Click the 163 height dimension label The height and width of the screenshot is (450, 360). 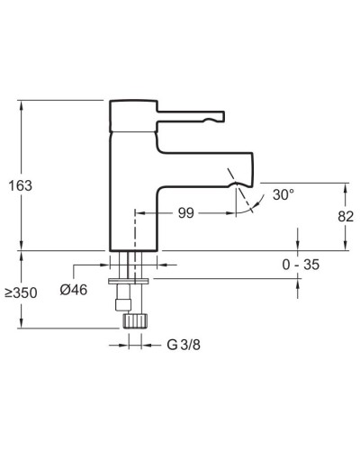pyautogui.click(x=20, y=185)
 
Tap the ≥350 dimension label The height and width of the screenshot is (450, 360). pyautogui.click(x=21, y=292)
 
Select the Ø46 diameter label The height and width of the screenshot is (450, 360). pyautogui.click(x=74, y=290)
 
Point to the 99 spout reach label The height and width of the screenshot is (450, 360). pyautogui.click(x=186, y=213)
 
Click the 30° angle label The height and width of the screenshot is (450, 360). pyautogui.click(x=283, y=194)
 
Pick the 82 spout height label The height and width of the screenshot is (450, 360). pyautogui.click(x=346, y=216)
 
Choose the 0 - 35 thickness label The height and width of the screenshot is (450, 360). pyautogui.click(x=301, y=265)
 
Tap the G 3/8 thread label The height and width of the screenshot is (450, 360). pyautogui.click(x=184, y=345)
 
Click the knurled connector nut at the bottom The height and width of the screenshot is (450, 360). pyautogui.click(x=135, y=320)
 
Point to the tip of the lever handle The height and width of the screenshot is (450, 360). pyautogui.click(x=224, y=116)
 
